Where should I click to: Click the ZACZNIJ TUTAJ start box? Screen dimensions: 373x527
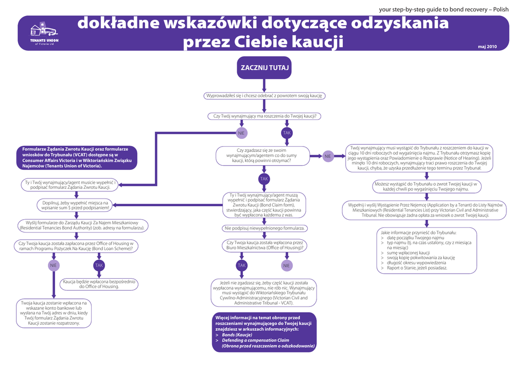pos(263,67)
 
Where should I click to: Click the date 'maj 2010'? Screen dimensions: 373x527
pos(487,47)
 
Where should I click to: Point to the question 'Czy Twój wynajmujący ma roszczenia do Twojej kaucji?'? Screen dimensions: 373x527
pos(265,116)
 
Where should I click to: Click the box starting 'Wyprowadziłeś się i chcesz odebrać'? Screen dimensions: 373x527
pos(265,96)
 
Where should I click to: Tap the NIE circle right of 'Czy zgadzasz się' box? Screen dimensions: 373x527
pos(328,156)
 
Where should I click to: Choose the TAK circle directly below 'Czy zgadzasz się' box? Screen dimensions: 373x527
pos(264,179)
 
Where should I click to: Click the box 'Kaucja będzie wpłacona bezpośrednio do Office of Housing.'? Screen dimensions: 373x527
pos(99,283)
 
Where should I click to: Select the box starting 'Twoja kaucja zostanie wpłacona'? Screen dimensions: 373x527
pos(54,313)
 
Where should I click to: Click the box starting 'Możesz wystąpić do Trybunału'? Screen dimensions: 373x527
pos(426,186)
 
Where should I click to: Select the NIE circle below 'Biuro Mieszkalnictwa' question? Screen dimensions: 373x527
pos(286,265)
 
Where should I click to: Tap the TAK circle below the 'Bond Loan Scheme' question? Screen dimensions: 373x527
pos(99,265)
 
